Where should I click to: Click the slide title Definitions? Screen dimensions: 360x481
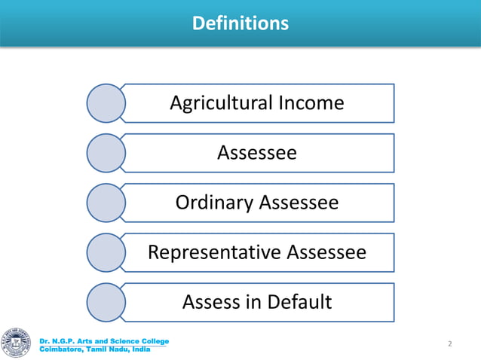tap(240, 24)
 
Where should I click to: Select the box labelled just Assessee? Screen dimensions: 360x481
tap(257, 153)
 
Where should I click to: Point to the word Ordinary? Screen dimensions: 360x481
tap(214, 203)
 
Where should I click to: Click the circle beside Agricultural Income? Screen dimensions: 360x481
tap(106, 103)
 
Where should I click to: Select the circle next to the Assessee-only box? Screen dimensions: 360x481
tap(106, 153)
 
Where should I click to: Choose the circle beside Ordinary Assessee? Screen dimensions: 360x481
tap(106, 203)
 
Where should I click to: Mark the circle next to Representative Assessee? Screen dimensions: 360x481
tap(106, 252)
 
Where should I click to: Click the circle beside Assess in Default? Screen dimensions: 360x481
tap(106, 302)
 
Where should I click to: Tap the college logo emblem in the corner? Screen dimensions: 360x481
tap(17, 343)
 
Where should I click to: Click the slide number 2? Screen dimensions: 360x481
tap(449, 344)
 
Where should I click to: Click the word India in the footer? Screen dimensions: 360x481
tap(139, 349)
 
